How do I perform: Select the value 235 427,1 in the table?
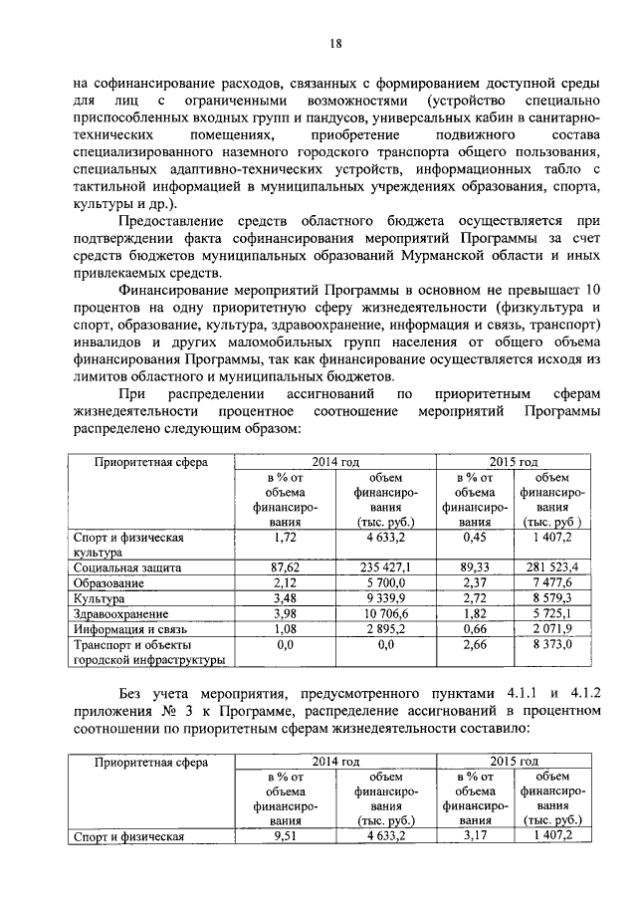pyautogui.click(x=377, y=566)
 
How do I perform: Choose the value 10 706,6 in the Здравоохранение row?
pyautogui.click(x=377, y=614)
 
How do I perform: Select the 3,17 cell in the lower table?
pyautogui.click(x=468, y=835)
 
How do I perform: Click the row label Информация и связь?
pyautogui.click(x=128, y=629)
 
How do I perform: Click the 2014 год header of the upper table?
pyautogui.click(x=334, y=462)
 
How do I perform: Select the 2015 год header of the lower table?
pyautogui.click(x=513, y=761)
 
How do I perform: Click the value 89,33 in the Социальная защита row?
pyautogui.click(x=468, y=566)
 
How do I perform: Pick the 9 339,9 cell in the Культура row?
pyautogui.click(x=377, y=598)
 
